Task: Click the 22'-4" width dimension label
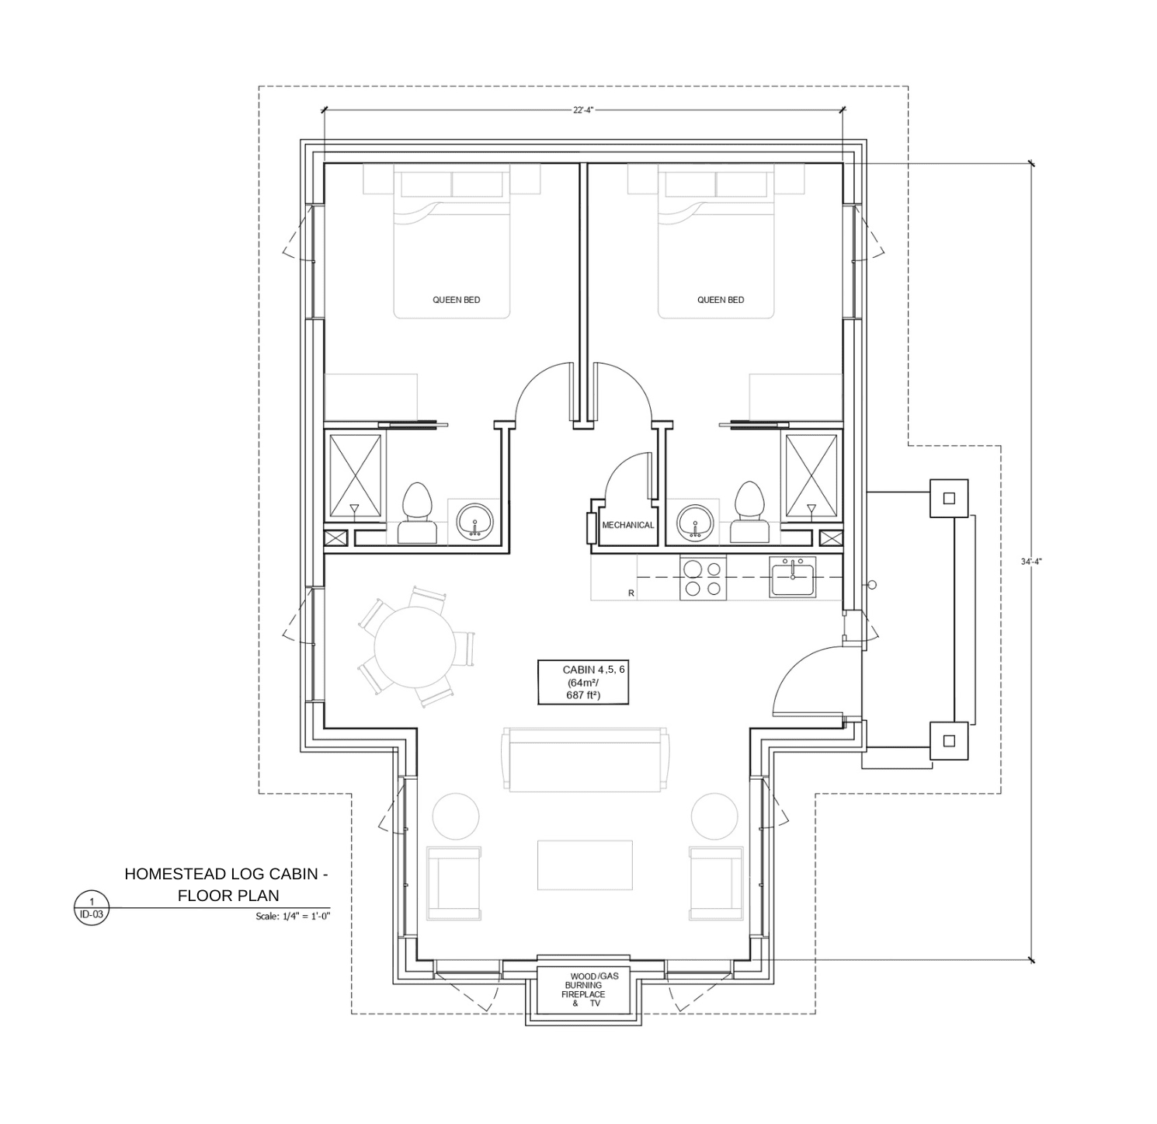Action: pos(583,110)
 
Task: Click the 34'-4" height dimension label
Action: pos(1031,561)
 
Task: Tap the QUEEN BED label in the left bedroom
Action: pos(457,300)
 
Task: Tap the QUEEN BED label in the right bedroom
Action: pos(721,300)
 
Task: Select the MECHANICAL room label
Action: pos(628,525)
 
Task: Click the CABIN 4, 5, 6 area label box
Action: pos(583,683)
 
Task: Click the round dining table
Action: pos(414,647)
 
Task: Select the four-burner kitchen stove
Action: pos(703,578)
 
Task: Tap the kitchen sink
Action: pos(793,577)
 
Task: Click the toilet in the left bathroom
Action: pos(418,513)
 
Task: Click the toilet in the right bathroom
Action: pos(749,513)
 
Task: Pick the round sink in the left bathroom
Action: pos(474,521)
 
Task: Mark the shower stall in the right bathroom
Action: pos(811,475)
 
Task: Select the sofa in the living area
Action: pos(585,760)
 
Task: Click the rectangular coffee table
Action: pos(585,865)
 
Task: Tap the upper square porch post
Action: pos(949,498)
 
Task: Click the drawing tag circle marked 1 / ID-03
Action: pos(92,908)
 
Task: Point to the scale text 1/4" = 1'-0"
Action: pos(293,917)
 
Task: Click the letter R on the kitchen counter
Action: pos(631,593)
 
